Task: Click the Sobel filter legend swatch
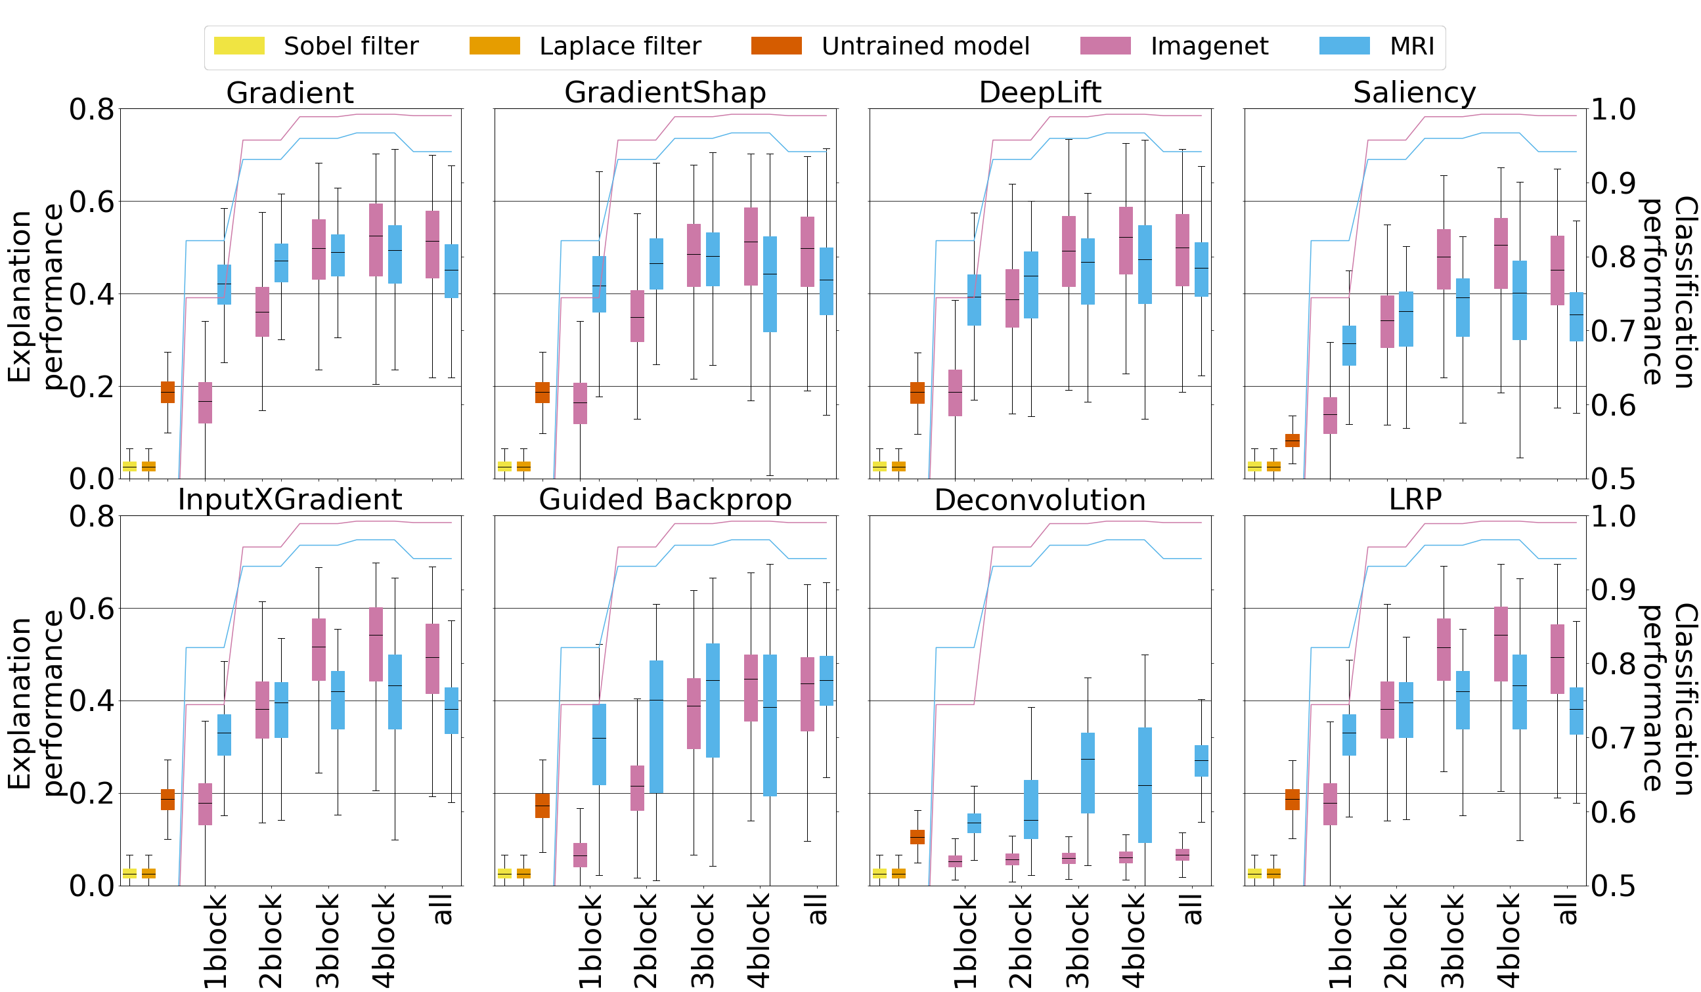click(239, 46)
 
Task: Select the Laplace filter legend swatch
click(494, 46)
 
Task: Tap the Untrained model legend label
click(925, 47)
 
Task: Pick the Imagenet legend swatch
click(1105, 46)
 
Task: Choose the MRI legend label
click(1411, 47)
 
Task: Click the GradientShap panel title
click(665, 93)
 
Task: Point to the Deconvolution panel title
click(1040, 501)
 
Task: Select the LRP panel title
click(1415, 500)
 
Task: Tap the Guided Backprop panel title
click(665, 500)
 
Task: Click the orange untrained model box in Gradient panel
click(167, 392)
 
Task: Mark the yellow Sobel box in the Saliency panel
click(1254, 465)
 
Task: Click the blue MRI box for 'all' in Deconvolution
click(1201, 760)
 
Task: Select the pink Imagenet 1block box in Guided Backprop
click(580, 855)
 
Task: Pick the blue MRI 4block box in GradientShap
click(770, 284)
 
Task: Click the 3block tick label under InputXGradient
click(328, 941)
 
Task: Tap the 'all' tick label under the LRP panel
click(1567, 910)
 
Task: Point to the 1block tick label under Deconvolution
click(965, 941)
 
